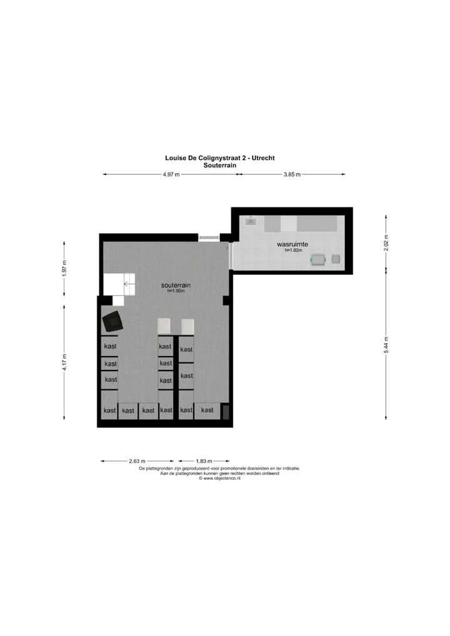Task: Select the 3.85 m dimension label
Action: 292,175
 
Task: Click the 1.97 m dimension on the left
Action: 64,267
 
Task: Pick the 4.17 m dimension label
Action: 64,361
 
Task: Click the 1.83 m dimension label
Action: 204,462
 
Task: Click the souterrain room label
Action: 176,285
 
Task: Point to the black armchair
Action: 113,322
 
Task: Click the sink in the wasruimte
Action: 250,221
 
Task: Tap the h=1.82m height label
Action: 293,251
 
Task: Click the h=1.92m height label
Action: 176,291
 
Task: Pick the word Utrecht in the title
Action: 262,158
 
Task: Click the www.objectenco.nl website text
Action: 219,479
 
